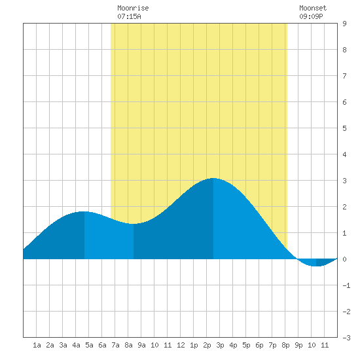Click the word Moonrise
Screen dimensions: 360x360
tap(133, 8)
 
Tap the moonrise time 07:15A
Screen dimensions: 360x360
tap(129, 16)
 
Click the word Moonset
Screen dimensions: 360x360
tap(313, 8)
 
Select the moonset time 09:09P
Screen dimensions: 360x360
tap(311, 16)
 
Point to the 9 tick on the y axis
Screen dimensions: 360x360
tap(344, 24)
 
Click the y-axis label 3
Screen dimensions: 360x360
tap(344, 181)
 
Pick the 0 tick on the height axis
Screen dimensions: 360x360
tap(344, 259)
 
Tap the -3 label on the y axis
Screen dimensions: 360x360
tap(346, 338)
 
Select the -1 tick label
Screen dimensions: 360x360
tap(346, 285)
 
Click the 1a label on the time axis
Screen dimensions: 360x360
tap(37, 345)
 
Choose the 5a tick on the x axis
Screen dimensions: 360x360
tap(89, 345)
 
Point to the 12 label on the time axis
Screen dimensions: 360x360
tap(181, 345)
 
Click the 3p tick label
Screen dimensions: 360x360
tap(220, 345)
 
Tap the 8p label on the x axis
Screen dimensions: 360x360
tap(285, 345)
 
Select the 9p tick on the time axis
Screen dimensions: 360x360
tap(298, 345)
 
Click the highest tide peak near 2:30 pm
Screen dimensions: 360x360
tap(213, 178)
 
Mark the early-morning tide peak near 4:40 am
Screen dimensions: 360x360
tap(84, 211)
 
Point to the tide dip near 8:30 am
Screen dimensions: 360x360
tap(134, 224)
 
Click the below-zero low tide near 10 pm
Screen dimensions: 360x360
tap(316, 266)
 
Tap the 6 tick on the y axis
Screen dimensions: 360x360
tap(344, 102)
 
